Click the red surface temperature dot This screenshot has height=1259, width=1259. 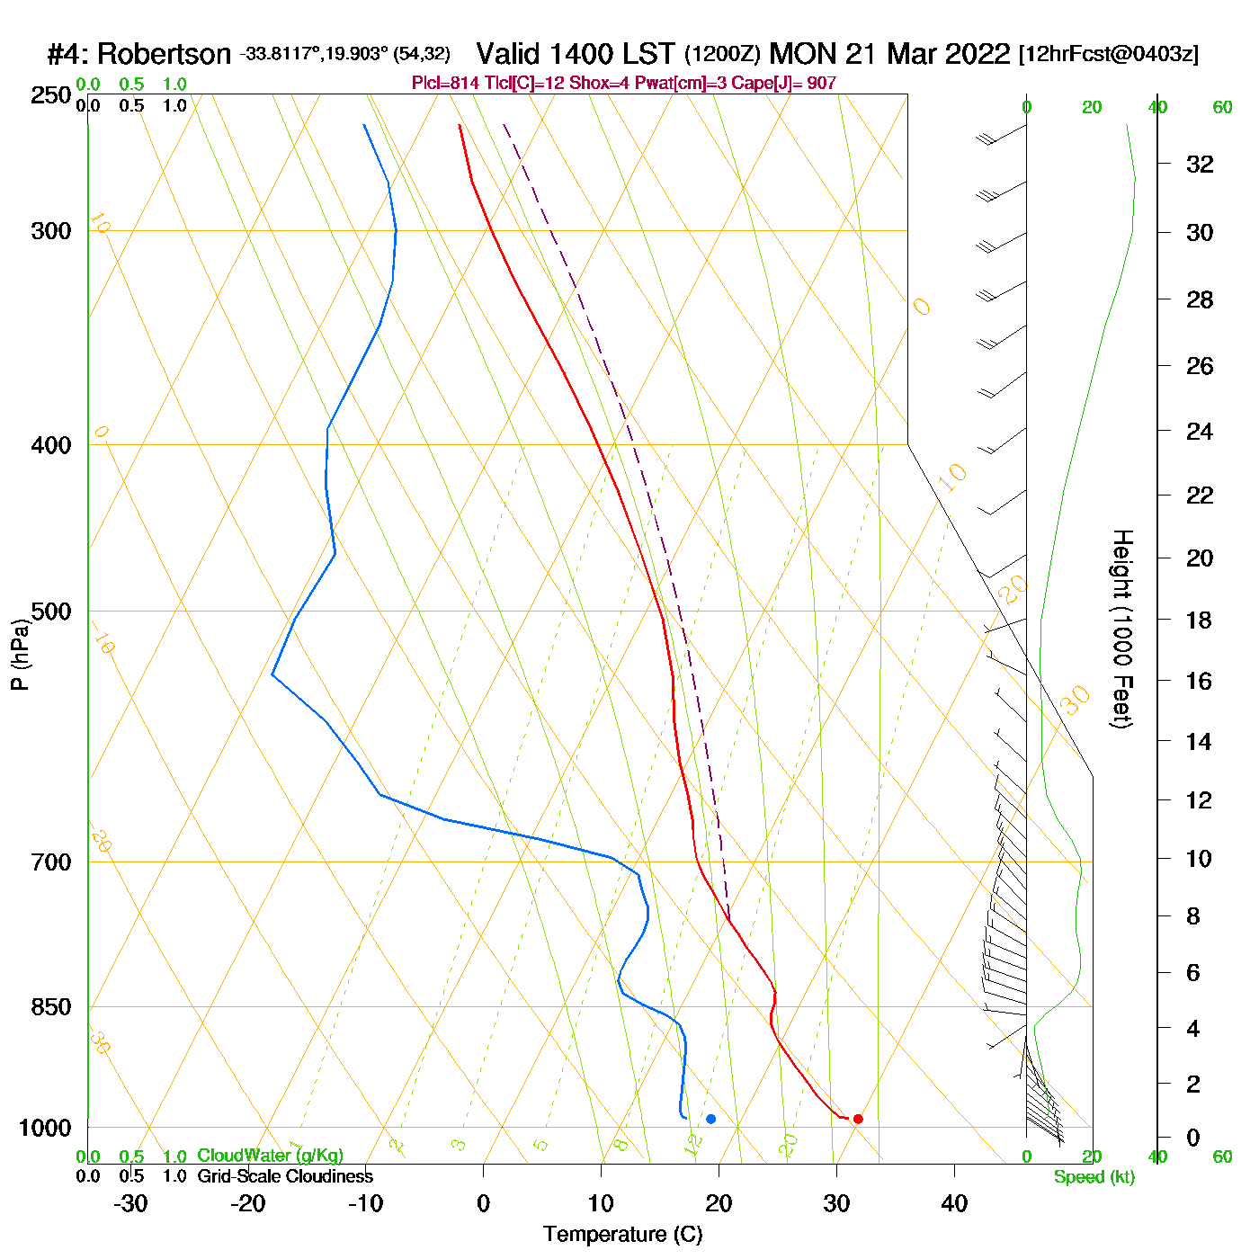(x=858, y=1119)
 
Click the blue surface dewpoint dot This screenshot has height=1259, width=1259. (x=710, y=1119)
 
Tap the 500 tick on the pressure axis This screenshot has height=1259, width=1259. (x=51, y=612)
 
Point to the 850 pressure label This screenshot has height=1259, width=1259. (x=51, y=1007)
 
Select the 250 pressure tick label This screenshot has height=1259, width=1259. (x=51, y=95)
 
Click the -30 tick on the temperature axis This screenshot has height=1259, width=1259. (x=130, y=1203)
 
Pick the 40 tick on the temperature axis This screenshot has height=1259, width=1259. (x=954, y=1203)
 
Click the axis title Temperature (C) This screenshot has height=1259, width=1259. (x=622, y=1235)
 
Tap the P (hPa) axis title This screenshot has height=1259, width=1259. (x=20, y=655)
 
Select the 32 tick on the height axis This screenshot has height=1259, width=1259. (x=1200, y=164)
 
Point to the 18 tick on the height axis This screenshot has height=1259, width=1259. (x=1199, y=620)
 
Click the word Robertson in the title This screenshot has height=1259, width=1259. (x=164, y=54)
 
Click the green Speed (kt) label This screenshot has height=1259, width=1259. (x=1094, y=1177)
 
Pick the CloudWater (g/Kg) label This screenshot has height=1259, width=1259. (x=270, y=1156)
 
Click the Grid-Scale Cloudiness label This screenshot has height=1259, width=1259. (x=285, y=1176)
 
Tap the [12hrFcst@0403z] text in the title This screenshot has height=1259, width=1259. (x=1108, y=54)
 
